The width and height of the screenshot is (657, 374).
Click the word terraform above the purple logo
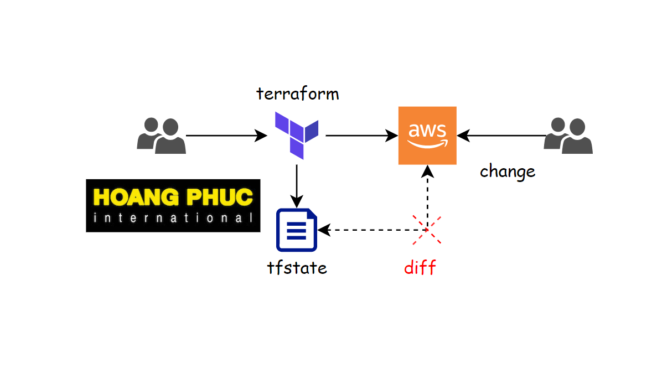coord(297,94)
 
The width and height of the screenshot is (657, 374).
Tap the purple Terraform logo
coord(297,134)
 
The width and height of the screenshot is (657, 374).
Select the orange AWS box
coord(427,136)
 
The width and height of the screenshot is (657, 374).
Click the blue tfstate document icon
coord(297,230)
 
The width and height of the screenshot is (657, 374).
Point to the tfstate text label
coord(297,268)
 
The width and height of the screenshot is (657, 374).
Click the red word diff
coord(420,268)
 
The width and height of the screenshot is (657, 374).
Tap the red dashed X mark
coord(427,229)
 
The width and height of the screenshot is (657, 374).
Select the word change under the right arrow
coord(507,171)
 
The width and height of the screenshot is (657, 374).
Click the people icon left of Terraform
coord(161,135)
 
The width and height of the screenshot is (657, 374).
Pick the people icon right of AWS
coord(568,136)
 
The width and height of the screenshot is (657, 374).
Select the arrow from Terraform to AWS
coord(362,135)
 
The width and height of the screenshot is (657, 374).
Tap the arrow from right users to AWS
coord(501,135)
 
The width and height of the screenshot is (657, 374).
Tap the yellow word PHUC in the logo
coord(220,196)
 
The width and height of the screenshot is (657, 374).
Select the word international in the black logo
coord(173,218)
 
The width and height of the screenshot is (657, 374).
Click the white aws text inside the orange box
coord(427,131)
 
